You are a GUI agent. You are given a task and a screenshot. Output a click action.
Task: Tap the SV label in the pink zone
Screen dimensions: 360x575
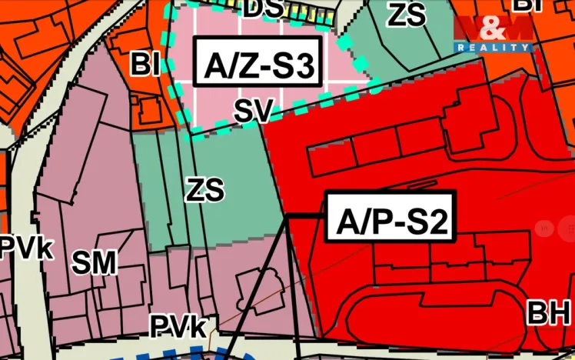pos(254,112)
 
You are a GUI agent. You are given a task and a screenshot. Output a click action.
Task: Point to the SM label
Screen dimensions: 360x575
pos(94,263)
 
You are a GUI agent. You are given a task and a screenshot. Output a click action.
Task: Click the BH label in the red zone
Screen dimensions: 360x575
pos(549,313)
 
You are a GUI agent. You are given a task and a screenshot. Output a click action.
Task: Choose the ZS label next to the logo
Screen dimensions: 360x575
pos(407,15)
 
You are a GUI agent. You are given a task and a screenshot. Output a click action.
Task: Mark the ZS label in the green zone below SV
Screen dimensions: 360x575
pos(204,188)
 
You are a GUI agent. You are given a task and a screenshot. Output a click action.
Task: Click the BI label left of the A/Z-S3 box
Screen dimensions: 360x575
pos(145,65)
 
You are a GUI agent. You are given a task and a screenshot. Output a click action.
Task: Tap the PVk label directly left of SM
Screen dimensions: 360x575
pos(26,248)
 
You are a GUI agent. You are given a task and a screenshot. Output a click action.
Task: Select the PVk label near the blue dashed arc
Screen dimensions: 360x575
pos(178,327)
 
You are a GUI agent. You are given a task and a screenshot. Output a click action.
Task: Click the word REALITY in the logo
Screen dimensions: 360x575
pos(492,48)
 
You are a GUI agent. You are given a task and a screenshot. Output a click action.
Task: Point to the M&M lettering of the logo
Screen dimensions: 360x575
pos(492,29)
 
